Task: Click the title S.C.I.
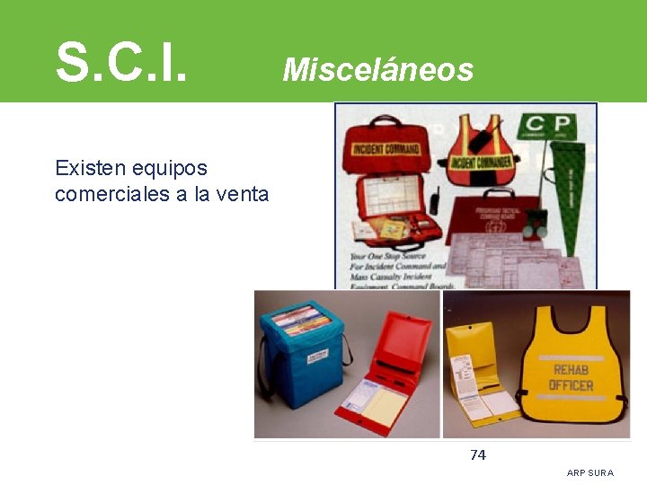(122, 60)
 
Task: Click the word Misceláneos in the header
(377, 69)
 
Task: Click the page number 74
(478, 455)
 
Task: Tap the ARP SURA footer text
(590, 472)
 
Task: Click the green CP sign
(549, 128)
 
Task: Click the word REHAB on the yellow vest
(572, 369)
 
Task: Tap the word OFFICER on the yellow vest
(572, 385)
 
